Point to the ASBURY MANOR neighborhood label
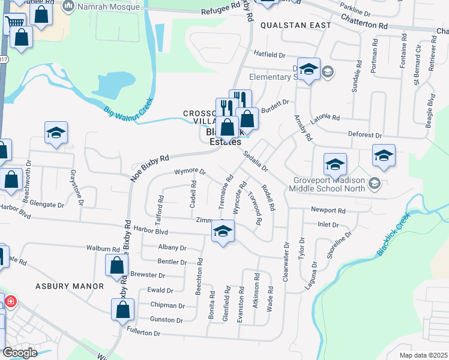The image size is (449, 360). coord(69,286)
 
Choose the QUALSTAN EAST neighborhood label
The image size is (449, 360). coord(296,25)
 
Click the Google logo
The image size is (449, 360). coord(19,353)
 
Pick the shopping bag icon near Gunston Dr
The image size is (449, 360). coord(122,310)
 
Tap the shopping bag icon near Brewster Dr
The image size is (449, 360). coord(116,265)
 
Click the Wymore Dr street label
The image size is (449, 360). coord(190,172)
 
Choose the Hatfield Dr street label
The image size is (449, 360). coord(268,54)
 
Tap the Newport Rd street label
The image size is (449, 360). coord(328,211)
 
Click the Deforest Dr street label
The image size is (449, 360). coord(365,136)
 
